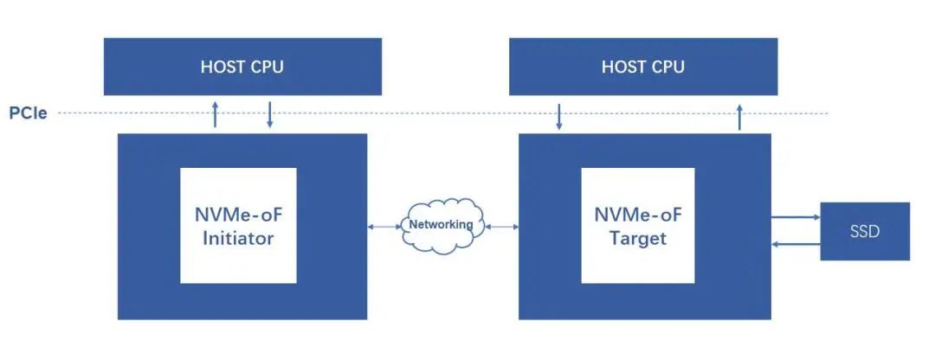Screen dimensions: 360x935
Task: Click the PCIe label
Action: (x=28, y=113)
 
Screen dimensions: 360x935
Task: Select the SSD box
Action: (x=865, y=231)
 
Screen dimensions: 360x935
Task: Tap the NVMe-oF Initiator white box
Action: (x=238, y=225)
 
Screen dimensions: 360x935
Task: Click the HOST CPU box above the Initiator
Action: (x=242, y=67)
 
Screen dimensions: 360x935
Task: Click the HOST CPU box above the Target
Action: (x=642, y=67)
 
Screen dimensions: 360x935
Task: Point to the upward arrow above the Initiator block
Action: (x=216, y=114)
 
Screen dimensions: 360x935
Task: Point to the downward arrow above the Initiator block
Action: (x=270, y=114)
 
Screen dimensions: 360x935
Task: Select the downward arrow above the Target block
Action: (x=559, y=117)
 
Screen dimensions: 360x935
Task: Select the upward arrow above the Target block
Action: (x=739, y=117)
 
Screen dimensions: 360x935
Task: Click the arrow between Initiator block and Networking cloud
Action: (x=384, y=227)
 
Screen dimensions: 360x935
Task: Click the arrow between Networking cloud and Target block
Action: (x=502, y=227)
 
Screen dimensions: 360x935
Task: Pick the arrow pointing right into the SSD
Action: (x=794, y=218)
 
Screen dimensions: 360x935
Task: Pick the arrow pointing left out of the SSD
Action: (x=794, y=245)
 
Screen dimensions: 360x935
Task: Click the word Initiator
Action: (x=238, y=238)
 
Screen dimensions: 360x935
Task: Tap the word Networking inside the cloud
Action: (x=442, y=225)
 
